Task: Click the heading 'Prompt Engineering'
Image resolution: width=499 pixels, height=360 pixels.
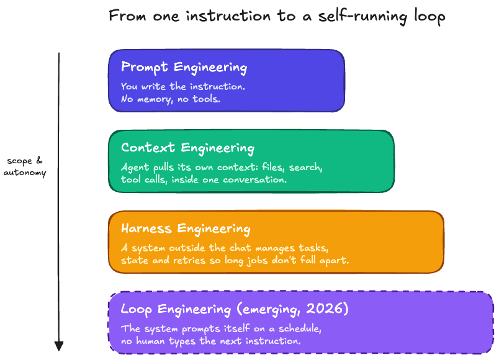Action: [184, 68]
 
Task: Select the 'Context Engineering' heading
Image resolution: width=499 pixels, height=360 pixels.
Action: [187, 148]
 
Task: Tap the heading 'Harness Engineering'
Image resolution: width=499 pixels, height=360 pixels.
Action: [186, 229]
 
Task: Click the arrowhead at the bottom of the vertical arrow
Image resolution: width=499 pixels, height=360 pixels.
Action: [59, 346]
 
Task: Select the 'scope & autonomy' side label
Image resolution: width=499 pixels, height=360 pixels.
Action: [25, 166]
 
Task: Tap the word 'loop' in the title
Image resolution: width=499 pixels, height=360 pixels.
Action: [429, 17]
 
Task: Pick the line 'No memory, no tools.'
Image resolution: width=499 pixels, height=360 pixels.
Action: [171, 99]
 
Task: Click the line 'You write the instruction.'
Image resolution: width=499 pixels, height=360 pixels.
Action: [183, 86]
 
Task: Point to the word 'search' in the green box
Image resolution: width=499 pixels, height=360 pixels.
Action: [305, 167]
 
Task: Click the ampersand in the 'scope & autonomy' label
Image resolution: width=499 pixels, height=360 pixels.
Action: [40, 160]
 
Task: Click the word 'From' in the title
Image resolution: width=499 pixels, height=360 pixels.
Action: [127, 16]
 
